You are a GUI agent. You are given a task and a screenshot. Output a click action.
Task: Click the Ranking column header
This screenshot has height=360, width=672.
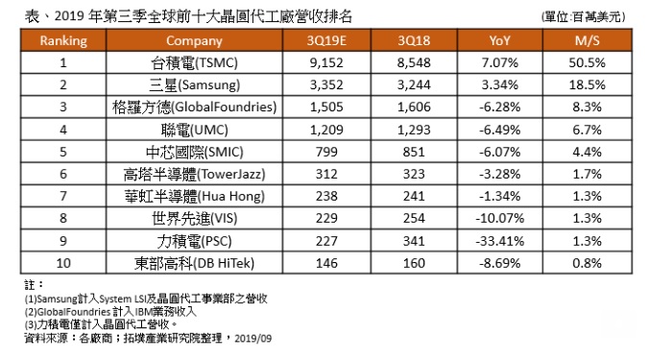click(x=63, y=40)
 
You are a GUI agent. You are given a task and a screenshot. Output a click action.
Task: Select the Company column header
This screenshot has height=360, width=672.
click(x=194, y=41)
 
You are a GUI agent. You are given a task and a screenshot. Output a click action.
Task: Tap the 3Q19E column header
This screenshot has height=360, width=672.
click(x=326, y=40)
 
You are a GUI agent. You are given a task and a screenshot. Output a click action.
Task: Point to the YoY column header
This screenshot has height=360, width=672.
click(x=500, y=40)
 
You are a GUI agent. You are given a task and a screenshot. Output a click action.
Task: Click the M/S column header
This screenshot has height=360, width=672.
click(x=588, y=40)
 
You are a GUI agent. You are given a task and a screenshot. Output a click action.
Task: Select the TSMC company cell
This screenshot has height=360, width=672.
click(x=194, y=63)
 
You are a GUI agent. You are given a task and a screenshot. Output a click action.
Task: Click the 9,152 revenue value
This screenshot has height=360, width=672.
click(x=326, y=63)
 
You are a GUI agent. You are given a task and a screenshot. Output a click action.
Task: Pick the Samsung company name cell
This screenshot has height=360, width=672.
click(x=194, y=85)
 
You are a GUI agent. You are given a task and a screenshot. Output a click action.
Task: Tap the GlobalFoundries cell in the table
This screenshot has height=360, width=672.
click(x=194, y=108)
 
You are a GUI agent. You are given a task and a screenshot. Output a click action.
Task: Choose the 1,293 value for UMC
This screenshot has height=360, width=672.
click(x=414, y=130)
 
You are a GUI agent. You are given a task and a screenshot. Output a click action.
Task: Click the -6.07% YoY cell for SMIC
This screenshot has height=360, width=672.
click(x=500, y=152)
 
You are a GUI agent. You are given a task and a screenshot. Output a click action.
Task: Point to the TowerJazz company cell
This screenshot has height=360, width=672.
click(x=194, y=174)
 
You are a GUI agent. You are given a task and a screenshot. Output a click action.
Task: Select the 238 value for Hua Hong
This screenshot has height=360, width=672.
click(x=326, y=196)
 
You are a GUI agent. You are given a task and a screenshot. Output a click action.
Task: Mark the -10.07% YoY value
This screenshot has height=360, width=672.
click(x=500, y=218)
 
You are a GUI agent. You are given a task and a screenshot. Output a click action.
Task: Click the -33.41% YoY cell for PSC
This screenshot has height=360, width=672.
click(x=500, y=241)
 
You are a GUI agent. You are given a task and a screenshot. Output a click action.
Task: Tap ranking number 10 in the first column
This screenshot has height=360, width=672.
click(x=63, y=263)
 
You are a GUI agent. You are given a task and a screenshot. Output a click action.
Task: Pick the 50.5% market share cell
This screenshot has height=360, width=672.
click(x=588, y=63)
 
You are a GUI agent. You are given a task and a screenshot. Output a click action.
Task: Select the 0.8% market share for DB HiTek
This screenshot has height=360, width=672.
click(x=588, y=263)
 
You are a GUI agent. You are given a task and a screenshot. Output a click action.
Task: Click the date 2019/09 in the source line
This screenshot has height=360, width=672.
click(x=252, y=339)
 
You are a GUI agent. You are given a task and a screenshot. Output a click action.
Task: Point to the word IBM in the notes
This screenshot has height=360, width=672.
click(x=145, y=312)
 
